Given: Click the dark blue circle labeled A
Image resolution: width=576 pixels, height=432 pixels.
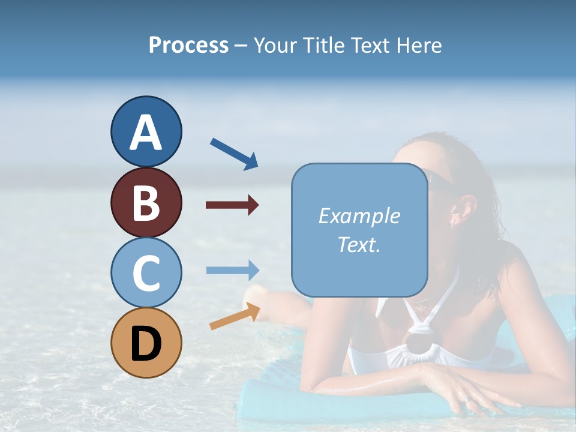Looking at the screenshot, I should click(x=146, y=132).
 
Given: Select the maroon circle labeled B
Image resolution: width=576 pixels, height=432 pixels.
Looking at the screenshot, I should click(x=146, y=202).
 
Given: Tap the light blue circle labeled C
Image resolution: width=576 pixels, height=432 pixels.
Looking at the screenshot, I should click(x=146, y=272).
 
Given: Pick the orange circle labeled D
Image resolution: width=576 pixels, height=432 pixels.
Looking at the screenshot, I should click(x=146, y=343).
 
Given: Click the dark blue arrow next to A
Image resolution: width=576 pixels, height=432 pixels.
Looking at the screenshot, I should click(x=234, y=154).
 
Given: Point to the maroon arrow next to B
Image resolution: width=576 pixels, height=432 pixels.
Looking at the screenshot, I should click(x=232, y=205).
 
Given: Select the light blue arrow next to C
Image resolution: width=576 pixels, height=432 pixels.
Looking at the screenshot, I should click(x=232, y=270).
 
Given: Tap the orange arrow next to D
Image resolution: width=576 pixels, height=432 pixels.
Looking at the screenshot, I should click(x=235, y=316).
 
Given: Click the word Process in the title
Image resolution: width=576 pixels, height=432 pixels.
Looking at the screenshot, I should click(x=188, y=45).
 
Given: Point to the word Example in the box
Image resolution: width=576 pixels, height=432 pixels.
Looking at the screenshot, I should click(x=359, y=216).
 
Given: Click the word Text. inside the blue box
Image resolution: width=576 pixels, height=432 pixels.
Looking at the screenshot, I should click(x=359, y=244).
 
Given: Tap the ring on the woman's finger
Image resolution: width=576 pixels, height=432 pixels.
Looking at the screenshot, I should click(x=467, y=400).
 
